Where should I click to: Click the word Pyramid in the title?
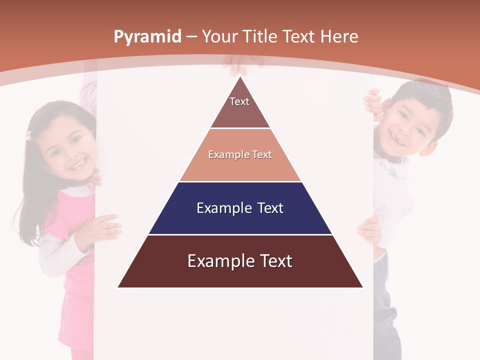(x=147, y=36)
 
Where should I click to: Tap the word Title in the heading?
(x=261, y=36)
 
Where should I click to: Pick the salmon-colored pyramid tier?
(x=240, y=155)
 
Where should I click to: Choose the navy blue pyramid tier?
(x=240, y=208)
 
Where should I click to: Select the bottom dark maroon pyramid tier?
(x=240, y=261)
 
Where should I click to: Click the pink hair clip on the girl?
(x=29, y=135)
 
